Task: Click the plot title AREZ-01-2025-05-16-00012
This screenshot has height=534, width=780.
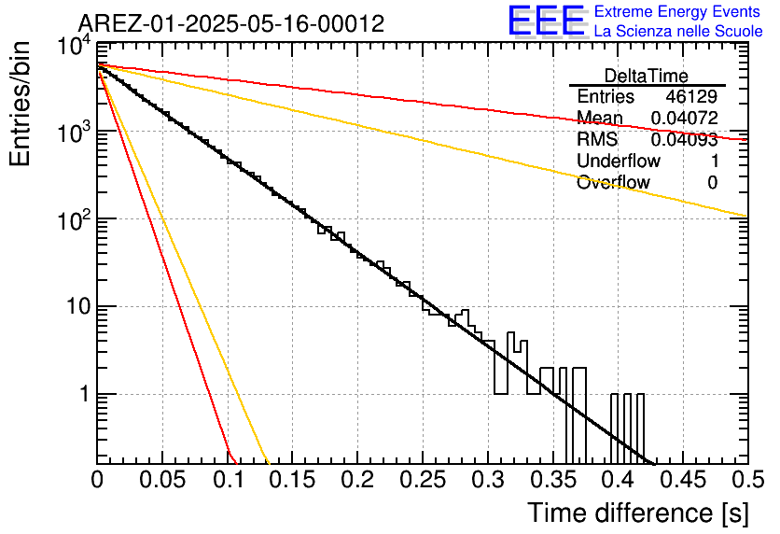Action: [231, 23]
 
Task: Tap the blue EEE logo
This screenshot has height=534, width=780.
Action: [546, 21]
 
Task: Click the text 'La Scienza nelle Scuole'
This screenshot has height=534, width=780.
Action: [678, 31]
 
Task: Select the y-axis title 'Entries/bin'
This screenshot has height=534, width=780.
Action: [20, 104]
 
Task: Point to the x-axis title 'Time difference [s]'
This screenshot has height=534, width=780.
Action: [638, 513]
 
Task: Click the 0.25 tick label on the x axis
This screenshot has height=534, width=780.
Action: [423, 480]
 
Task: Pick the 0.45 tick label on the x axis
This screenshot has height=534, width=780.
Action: [683, 480]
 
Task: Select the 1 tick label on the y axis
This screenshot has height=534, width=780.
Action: [85, 394]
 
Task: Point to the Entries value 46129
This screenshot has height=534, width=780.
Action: [691, 96]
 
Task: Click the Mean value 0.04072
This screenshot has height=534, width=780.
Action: [685, 118]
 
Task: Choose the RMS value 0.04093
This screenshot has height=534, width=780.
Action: [685, 139]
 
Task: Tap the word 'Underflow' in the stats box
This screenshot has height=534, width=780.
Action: [619, 161]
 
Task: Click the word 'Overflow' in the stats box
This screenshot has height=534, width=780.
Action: [613, 183]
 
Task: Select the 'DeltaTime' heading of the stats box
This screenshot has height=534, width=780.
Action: [647, 76]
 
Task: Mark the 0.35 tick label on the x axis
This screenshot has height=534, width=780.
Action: [552, 480]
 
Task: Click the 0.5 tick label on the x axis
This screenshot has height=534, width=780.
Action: [747, 480]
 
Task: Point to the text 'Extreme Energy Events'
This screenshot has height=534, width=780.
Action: [677, 11]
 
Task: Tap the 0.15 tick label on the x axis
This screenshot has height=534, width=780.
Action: [292, 480]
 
